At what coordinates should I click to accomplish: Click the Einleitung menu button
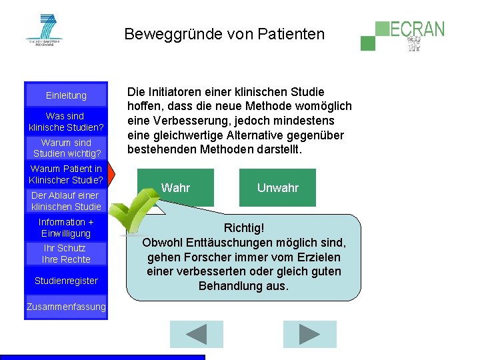click(66, 95)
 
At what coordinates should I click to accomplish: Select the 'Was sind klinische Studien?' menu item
click(66, 121)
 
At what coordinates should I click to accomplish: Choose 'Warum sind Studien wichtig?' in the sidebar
click(66, 148)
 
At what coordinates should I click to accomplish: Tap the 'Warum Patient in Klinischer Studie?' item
click(66, 174)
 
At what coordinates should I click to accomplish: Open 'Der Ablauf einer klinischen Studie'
click(66, 201)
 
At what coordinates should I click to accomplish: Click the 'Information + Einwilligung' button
click(66, 227)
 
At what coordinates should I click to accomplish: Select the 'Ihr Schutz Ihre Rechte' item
click(66, 253)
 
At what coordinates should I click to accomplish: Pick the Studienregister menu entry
click(66, 281)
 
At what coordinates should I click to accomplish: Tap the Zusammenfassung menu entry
click(66, 307)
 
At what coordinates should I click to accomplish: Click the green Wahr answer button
click(176, 187)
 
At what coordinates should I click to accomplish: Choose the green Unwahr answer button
click(277, 187)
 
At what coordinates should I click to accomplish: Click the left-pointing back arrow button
click(196, 334)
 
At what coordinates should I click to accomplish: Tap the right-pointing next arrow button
click(309, 334)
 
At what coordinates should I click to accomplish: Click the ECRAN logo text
click(417, 29)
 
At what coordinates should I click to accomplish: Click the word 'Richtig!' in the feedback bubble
click(244, 228)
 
